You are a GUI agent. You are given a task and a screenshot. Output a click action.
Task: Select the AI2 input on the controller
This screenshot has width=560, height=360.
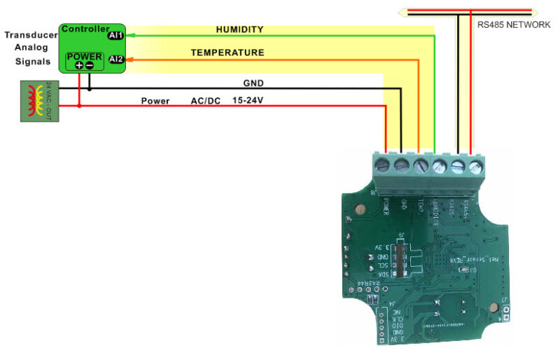pos(116,60)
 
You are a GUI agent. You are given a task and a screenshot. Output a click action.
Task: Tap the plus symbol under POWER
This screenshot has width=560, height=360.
pos(79,65)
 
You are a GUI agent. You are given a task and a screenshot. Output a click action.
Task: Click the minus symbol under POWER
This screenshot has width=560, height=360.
pos(90,65)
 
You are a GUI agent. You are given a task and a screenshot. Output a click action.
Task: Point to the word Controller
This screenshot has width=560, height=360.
pos(83,29)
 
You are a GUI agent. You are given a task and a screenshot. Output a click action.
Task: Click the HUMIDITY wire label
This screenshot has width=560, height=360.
pos(239,29)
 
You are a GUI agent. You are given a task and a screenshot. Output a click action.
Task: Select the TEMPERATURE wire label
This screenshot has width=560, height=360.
pos(227,53)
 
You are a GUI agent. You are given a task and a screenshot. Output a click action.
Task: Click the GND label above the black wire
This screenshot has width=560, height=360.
pos(253,83)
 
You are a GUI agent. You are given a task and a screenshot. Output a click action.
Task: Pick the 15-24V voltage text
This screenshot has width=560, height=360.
pos(247,101)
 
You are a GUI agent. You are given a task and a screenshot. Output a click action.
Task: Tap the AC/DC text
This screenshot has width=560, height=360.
pos(205,101)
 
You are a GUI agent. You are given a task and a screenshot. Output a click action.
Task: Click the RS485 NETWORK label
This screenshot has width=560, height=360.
pos(514,24)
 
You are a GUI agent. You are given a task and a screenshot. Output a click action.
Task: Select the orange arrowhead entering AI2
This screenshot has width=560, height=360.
pos(129,60)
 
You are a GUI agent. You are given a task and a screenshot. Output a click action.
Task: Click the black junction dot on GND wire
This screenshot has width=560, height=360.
pos(90,89)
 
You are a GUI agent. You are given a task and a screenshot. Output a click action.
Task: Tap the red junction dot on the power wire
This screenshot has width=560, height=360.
pos(79,106)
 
